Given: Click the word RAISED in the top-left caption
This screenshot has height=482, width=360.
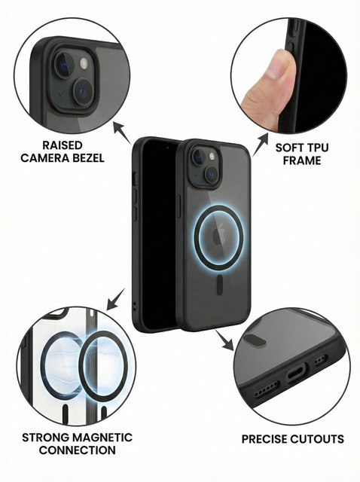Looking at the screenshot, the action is [x=63, y=145].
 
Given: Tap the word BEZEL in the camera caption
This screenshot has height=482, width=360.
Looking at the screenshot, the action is [x=88, y=158].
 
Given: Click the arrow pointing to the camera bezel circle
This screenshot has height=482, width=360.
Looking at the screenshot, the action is [x=122, y=133].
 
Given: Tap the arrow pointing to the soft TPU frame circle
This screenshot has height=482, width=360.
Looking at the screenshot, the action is [x=260, y=144].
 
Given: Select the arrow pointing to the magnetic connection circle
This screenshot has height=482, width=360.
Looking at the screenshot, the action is [x=115, y=299].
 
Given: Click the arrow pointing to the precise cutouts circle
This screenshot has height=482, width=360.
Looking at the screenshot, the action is [x=224, y=340].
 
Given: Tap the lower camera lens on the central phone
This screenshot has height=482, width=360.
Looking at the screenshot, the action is [x=212, y=174].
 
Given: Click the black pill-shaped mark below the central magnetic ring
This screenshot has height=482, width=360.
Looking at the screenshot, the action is [x=220, y=284].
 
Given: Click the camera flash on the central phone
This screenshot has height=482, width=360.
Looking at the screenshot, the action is [x=212, y=157].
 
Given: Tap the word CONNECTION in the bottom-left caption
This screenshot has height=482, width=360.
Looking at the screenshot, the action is [x=78, y=450].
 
